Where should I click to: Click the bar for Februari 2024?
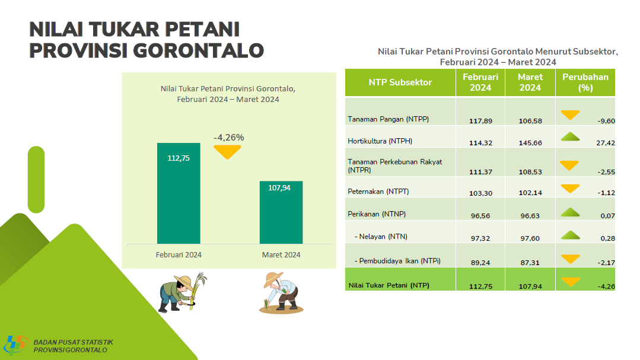coord(179,193)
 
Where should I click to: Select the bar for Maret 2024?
coord(281,212)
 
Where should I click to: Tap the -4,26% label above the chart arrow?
coord(229,138)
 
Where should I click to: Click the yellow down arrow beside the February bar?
coord(227,152)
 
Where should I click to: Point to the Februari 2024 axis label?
coord(179,254)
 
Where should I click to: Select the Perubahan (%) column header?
coord(585,82)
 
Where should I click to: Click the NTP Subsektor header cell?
coord(400,82)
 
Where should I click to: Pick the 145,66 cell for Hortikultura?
coord(530,143)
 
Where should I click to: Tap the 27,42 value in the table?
coord(606,143)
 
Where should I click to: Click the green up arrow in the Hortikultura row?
coord(570,137)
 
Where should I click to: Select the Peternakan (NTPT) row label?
coord(378,192)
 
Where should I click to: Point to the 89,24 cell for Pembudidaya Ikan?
coord(480,263)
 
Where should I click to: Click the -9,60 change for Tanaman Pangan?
coord(606,121)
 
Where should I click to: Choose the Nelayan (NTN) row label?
coord(381,236)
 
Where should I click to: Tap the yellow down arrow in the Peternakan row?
coord(570,189)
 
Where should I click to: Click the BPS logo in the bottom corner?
coord(15,345)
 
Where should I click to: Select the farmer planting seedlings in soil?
coord(282,293)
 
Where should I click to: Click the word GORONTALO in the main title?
coord(198,50)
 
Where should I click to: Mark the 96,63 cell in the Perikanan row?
coord(530,216)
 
